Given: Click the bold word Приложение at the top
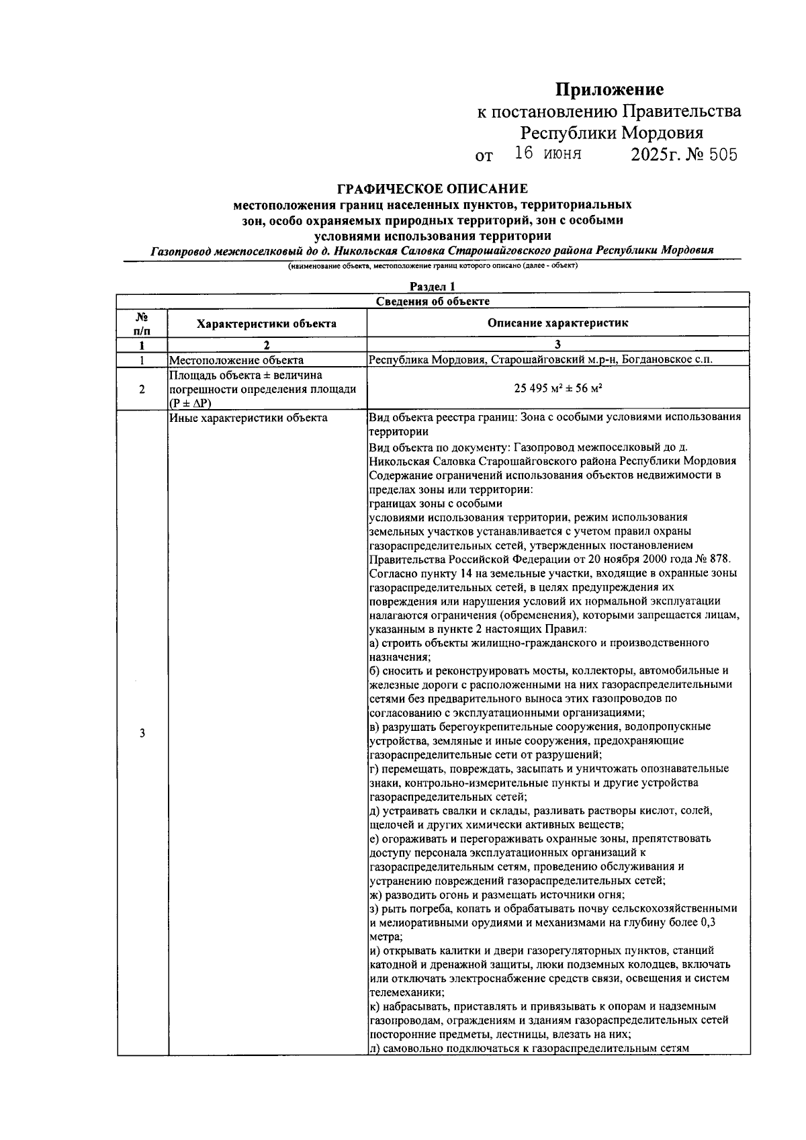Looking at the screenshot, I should pyautogui.click(x=609, y=89).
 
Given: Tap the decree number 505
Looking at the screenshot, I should pyautogui.click(x=723, y=155).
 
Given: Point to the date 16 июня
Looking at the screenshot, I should pyautogui.click(x=548, y=154).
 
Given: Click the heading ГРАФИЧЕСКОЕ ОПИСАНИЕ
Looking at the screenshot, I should pyautogui.click(x=433, y=189).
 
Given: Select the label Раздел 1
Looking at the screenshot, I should pyautogui.click(x=433, y=287).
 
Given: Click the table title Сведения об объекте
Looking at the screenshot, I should pyautogui.click(x=433, y=301).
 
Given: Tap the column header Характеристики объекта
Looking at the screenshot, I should pyautogui.click(x=267, y=323).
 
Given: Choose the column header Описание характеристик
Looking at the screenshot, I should pyautogui.click(x=557, y=323).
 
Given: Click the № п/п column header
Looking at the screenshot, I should pyautogui.click(x=142, y=322).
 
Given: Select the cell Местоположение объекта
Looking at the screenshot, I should pyautogui.click(x=236, y=360).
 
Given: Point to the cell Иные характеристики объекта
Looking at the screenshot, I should pyautogui.click(x=249, y=418).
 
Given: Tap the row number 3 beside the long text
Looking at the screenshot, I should pyautogui.click(x=142, y=733).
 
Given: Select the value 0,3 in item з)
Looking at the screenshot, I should pyautogui.click(x=707, y=922).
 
